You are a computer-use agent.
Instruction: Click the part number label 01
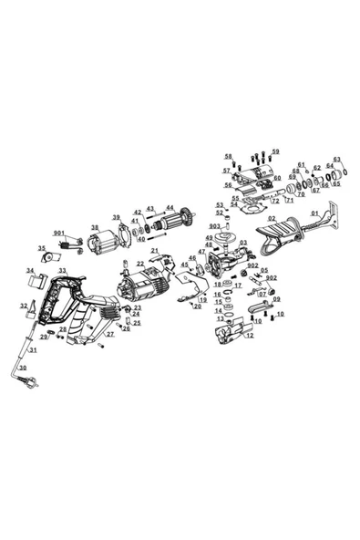(316, 214)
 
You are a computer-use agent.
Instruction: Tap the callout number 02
(272, 219)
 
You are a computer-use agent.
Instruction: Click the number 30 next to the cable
(23, 369)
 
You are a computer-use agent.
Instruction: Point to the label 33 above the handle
(62, 271)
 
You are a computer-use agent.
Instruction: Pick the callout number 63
(336, 159)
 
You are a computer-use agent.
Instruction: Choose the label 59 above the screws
(275, 151)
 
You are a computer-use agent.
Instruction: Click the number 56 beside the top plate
(228, 185)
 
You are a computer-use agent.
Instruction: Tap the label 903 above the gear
(214, 225)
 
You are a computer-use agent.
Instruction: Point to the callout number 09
(276, 299)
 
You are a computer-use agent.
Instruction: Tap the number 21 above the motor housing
(154, 251)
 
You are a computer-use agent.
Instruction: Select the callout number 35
(41, 247)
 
